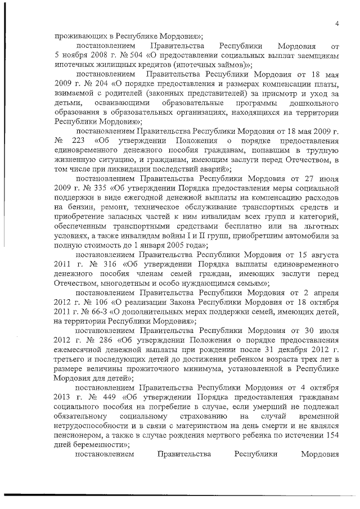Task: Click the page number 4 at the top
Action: [x=336, y=23]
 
